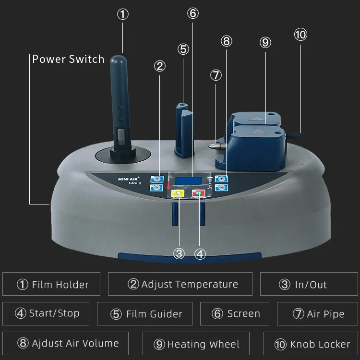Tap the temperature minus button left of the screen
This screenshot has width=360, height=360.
coord(156,187)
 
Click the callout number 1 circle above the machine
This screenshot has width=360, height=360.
coord(123,14)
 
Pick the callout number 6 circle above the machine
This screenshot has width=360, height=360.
coord(192,13)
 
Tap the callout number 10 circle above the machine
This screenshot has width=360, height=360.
coord(300,34)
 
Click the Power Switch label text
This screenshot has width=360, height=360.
coord(68,60)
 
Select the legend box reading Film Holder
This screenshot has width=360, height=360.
coord(51,284)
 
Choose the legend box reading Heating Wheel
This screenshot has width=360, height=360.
coord(197,344)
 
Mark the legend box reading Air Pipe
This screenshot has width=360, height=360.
coord(318,314)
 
